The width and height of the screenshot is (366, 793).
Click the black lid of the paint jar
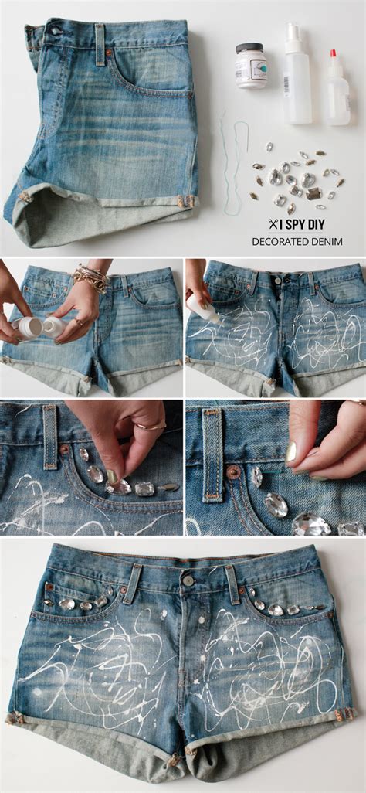click(250, 47)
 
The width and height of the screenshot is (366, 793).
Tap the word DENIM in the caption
click(327, 242)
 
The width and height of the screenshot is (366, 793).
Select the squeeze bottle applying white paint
click(202, 307)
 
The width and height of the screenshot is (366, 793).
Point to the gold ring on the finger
click(152, 425)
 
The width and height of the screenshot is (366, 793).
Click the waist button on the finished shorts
click(188, 580)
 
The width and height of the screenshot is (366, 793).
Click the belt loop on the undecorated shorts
click(100, 43)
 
